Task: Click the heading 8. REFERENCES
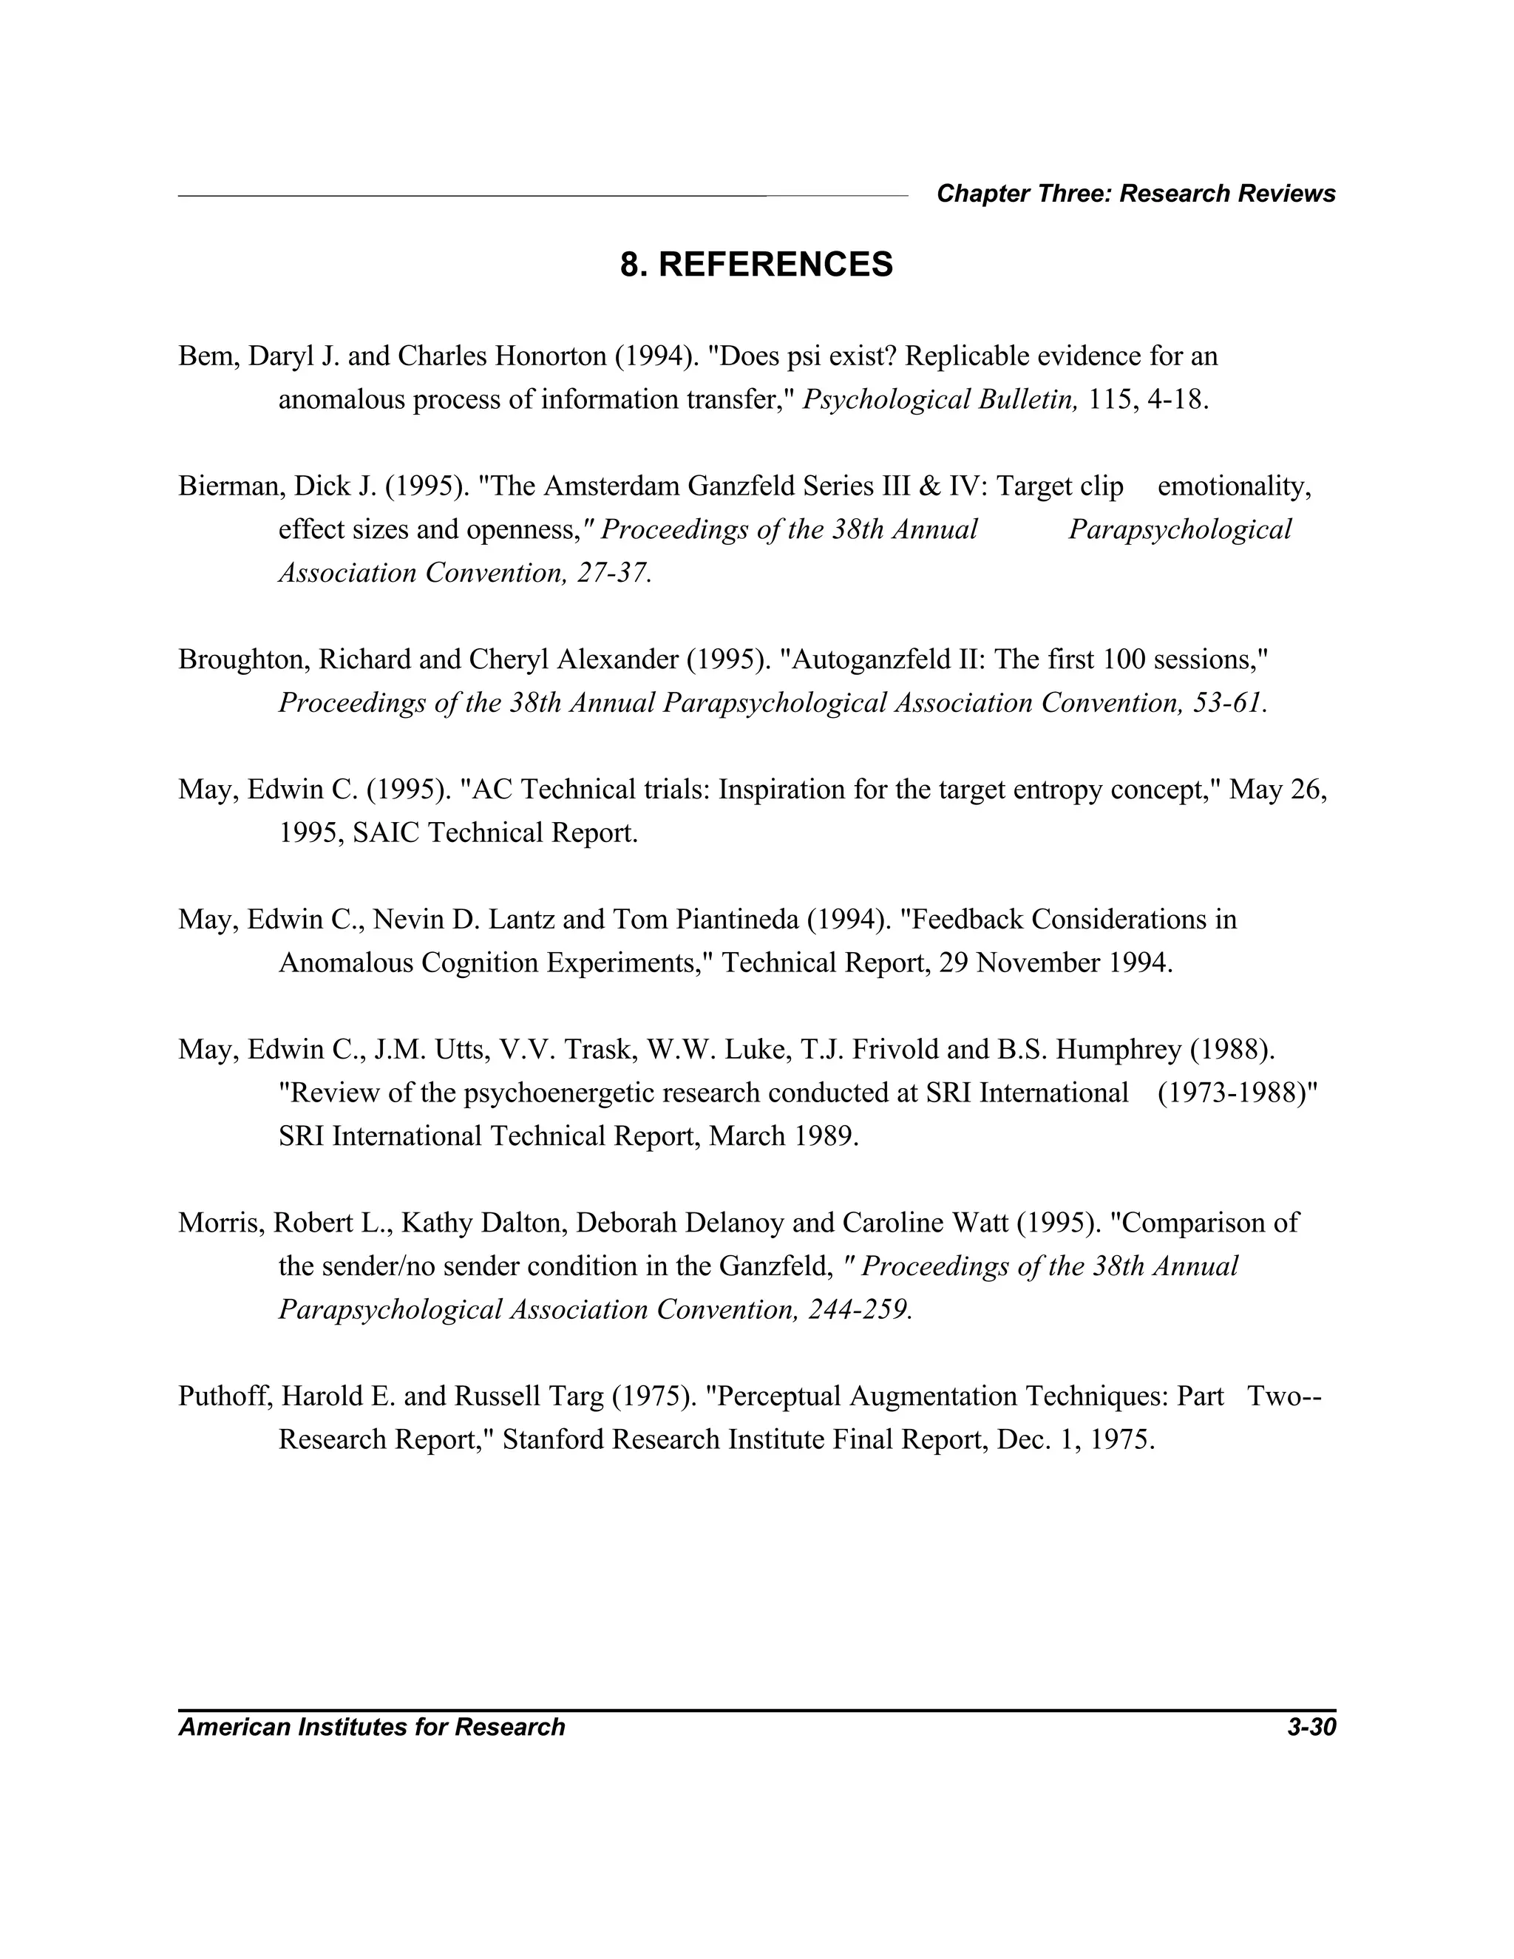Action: point(756,265)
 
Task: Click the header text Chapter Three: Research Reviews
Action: point(1135,194)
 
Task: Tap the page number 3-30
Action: point(1311,1727)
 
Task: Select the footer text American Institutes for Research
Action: point(371,1727)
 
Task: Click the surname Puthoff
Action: point(224,1396)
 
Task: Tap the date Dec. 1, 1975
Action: point(1074,1439)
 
